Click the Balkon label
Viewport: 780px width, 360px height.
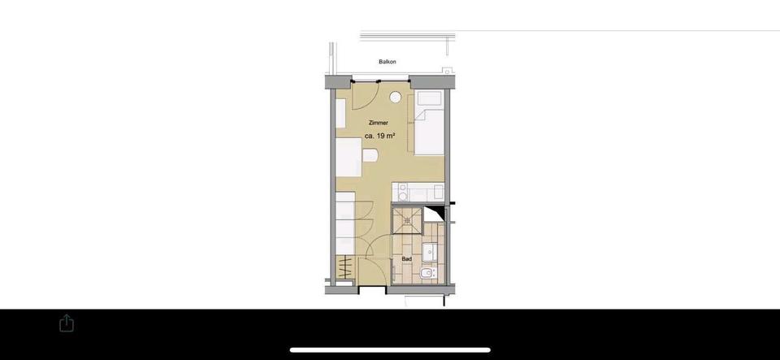(x=388, y=62)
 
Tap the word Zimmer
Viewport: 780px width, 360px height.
(x=377, y=123)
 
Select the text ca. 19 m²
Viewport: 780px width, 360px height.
(x=379, y=137)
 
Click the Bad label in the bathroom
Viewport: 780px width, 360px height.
(x=406, y=259)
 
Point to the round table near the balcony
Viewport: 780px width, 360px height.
(x=396, y=98)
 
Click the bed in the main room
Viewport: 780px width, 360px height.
(x=430, y=130)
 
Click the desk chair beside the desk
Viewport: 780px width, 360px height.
(x=370, y=156)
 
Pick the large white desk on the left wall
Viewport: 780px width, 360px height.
(x=349, y=158)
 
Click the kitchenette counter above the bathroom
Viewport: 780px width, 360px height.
(x=418, y=193)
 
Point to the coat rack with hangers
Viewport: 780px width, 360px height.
(x=345, y=267)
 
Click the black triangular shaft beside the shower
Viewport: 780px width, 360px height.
(x=437, y=215)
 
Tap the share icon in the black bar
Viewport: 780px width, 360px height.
(x=67, y=323)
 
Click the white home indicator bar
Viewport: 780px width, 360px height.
(x=390, y=350)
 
